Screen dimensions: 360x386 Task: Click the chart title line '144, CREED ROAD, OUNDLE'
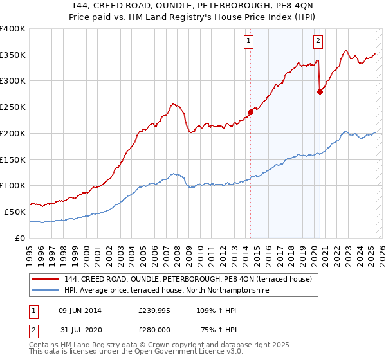point(193,7)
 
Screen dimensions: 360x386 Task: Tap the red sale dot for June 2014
point(250,112)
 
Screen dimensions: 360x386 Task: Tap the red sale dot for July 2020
point(320,91)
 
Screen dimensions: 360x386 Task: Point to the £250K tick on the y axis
point(13,107)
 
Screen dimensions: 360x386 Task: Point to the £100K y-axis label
point(13,185)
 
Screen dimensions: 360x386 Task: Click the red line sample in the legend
point(45,279)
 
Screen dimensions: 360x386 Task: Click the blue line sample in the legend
point(45,291)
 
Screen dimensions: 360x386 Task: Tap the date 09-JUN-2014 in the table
point(79,310)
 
